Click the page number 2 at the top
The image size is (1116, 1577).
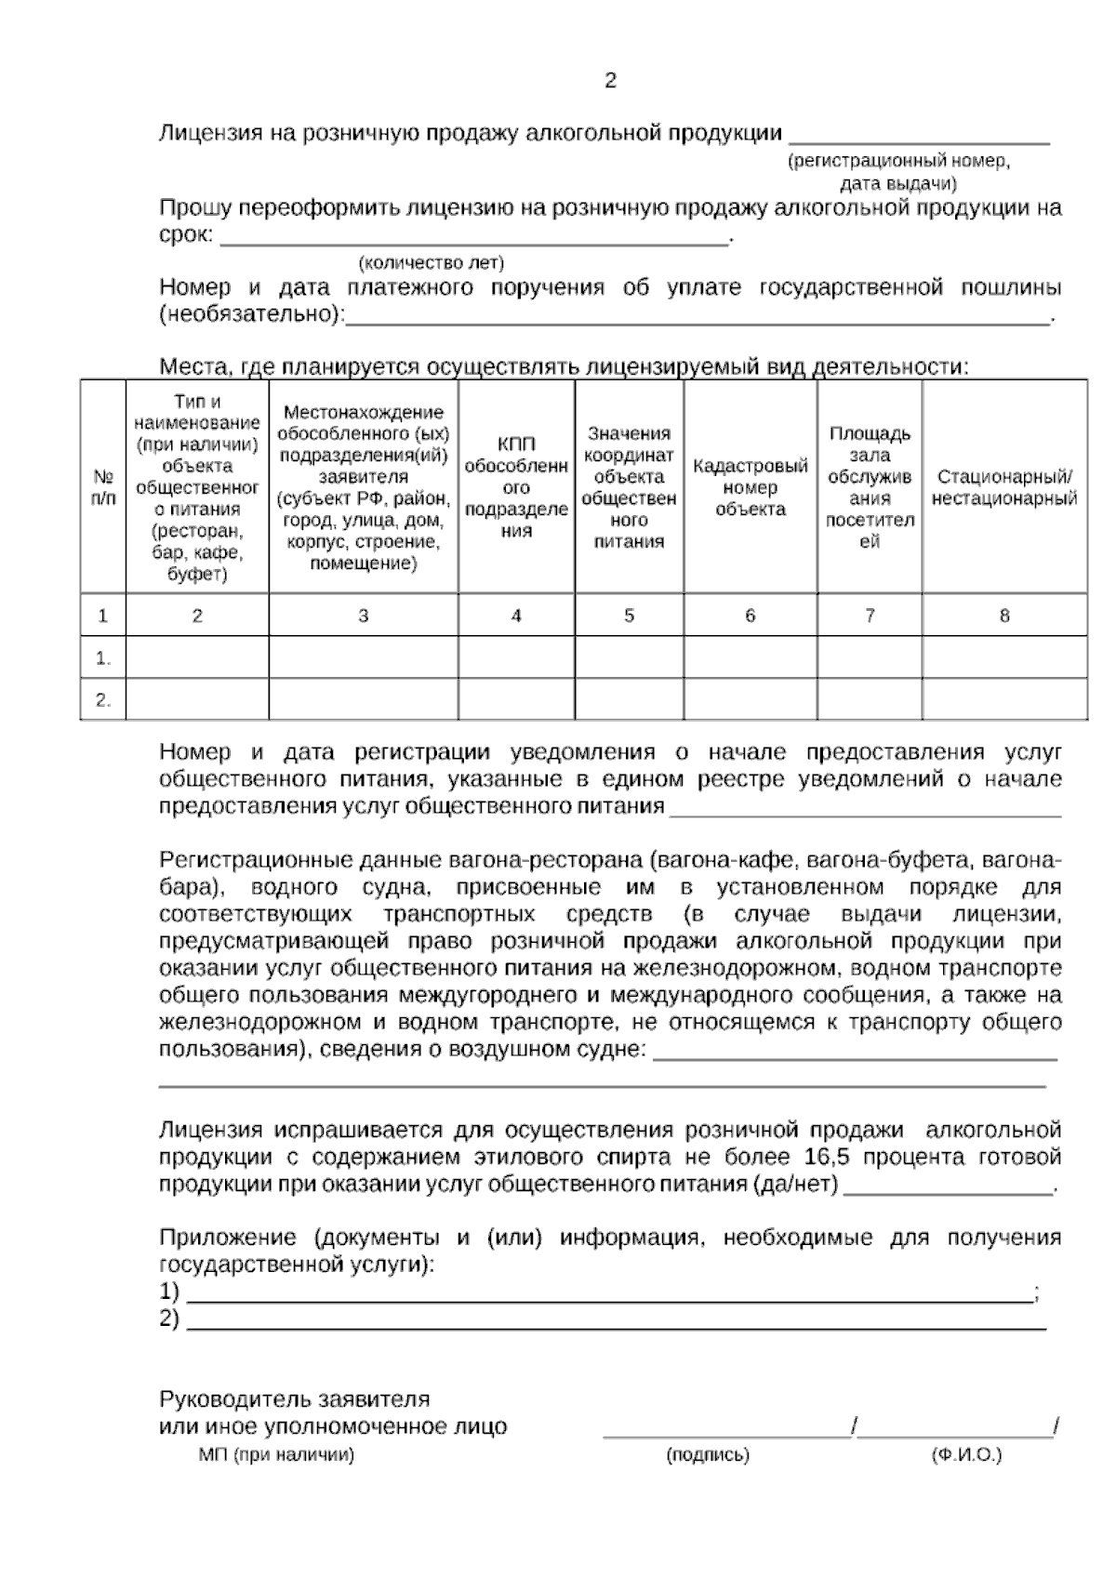610,82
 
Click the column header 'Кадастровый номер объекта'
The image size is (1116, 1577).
751,487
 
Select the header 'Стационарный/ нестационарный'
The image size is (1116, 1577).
1004,488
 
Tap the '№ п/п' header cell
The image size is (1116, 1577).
103,487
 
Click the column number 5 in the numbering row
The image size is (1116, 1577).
629,616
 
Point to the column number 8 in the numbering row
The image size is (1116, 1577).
1004,616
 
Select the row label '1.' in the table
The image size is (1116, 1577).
103,658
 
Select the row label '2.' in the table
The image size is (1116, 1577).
103,700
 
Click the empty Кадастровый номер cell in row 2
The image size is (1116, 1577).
751,699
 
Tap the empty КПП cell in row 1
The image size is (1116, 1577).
516,657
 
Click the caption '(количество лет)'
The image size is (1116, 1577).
432,263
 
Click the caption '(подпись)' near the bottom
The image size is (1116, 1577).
708,1455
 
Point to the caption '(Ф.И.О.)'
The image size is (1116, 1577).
966,1455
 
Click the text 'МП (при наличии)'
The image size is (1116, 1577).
276,1455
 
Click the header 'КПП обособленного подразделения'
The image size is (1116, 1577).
516,487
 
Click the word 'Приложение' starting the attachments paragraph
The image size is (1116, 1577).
228,1239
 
